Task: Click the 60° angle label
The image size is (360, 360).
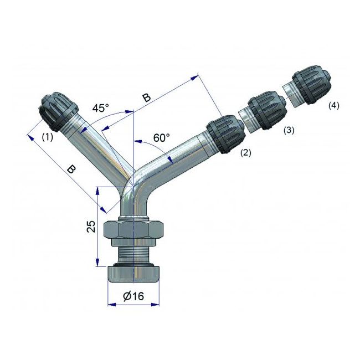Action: tap(161, 137)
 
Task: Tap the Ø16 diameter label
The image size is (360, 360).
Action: tap(133, 296)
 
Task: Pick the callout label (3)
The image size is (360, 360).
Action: tap(288, 131)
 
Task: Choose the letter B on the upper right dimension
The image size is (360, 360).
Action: tap(146, 97)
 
